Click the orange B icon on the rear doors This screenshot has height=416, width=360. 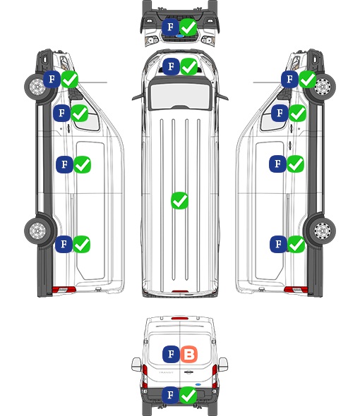189,354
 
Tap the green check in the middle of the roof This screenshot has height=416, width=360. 179,200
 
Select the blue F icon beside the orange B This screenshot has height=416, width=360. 171,354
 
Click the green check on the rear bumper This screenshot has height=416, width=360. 188,396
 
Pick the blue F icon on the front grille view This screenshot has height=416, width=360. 171,27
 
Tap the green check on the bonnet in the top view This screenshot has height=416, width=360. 189,66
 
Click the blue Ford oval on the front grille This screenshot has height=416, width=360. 180,36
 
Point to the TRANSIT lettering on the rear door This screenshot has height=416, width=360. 166,372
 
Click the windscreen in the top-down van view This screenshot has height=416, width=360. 180,95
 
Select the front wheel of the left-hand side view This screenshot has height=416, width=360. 38,87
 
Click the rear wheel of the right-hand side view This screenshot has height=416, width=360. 322,231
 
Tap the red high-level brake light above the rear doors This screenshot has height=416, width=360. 180,318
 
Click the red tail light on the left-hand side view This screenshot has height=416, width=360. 64,290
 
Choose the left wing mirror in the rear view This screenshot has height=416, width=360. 136,365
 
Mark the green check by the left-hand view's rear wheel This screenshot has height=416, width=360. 82,244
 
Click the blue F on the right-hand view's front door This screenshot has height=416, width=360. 280,113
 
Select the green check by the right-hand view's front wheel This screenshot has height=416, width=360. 308,80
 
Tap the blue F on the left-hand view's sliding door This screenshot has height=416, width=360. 64,164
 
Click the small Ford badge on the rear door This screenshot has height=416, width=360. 198,384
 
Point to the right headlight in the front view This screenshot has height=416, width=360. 208,40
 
